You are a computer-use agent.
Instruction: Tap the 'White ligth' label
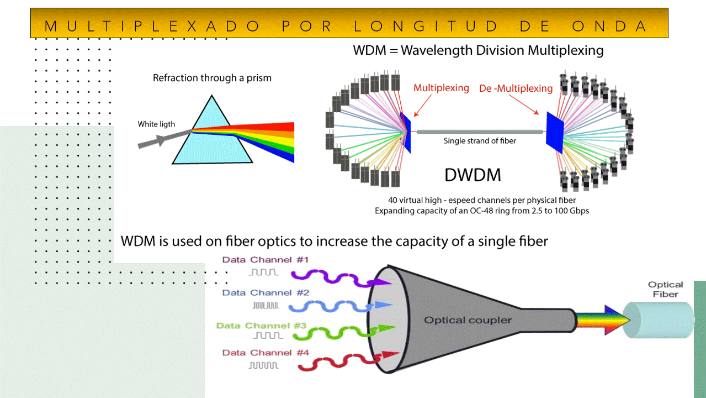pyautogui.click(x=156, y=124)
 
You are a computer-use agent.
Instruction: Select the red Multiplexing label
pyautogui.click(x=441, y=88)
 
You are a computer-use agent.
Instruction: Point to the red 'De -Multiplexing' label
pyautogui.click(x=516, y=88)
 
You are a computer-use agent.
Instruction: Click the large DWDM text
pyautogui.click(x=473, y=175)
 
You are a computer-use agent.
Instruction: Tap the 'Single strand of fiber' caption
pyautogui.click(x=480, y=141)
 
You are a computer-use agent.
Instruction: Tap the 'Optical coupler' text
pyautogui.click(x=468, y=320)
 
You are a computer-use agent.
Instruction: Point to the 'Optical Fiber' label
pyautogui.click(x=665, y=290)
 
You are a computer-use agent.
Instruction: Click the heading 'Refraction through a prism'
pyautogui.click(x=212, y=78)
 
